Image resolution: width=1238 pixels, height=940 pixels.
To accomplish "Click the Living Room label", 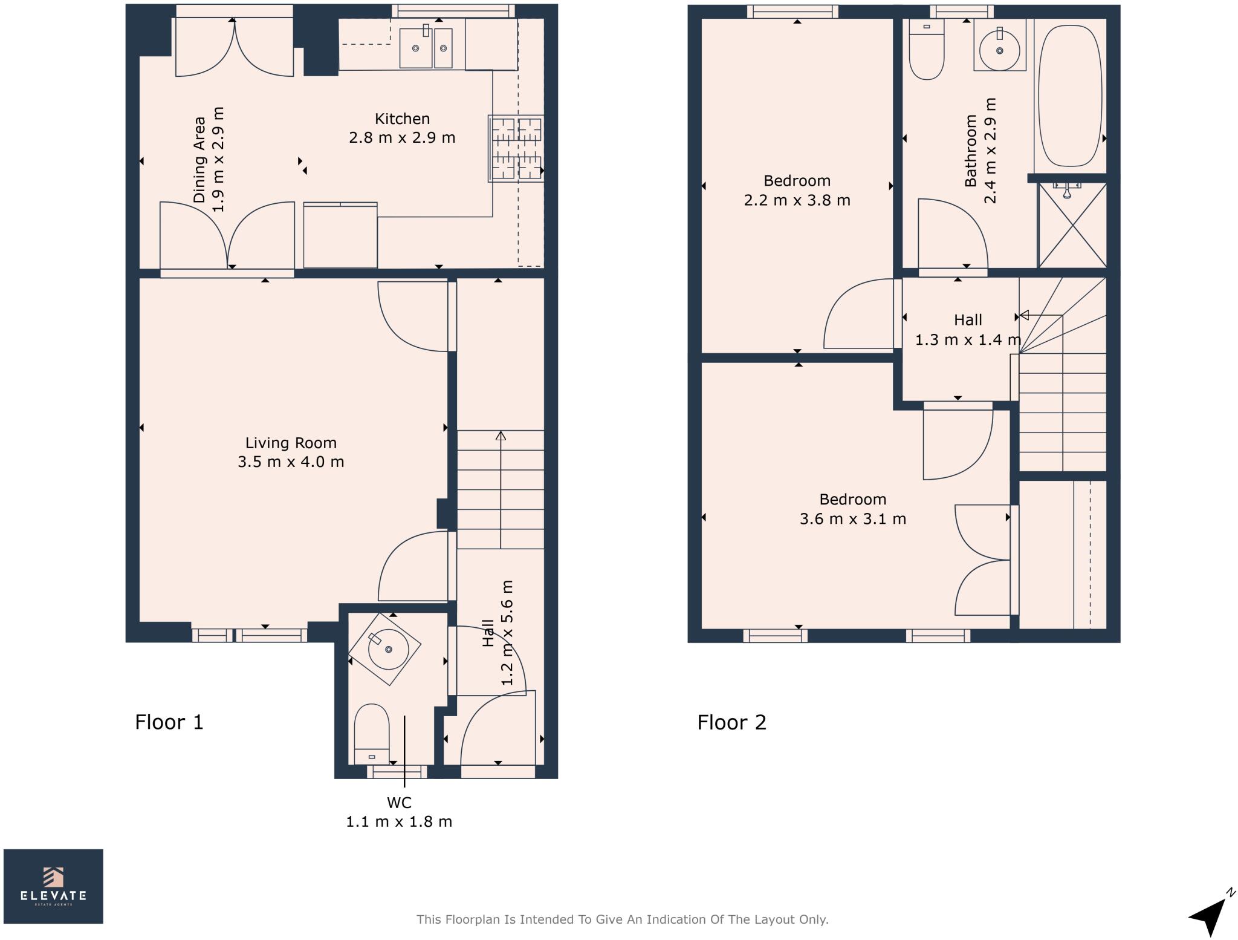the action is pyautogui.click(x=291, y=443).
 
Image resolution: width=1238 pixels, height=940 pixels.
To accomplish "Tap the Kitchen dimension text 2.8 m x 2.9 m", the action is pyautogui.click(x=402, y=138).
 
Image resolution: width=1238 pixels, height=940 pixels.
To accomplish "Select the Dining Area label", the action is pyautogui.click(x=199, y=159).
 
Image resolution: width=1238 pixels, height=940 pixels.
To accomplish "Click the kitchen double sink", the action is pyautogui.click(x=426, y=47).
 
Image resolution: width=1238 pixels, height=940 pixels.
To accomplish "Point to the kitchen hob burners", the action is pyautogui.click(x=516, y=148).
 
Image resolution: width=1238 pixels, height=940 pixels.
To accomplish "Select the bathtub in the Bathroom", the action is pyautogui.click(x=1070, y=96).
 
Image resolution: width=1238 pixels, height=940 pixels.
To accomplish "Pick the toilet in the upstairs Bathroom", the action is pyautogui.click(x=926, y=50).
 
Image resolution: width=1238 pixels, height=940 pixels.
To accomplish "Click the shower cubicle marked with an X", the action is pyautogui.click(x=1072, y=224).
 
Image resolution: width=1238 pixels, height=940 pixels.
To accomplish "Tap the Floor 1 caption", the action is pyautogui.click(x=169, y=722).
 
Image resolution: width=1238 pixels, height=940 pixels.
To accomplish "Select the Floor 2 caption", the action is pyautogui.click(x=732, y=722).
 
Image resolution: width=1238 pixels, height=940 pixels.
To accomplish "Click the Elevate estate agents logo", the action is pyautogui.click(x=53, y=886).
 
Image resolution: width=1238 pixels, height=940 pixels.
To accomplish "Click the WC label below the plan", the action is pyautogui.click(x=399, y=803).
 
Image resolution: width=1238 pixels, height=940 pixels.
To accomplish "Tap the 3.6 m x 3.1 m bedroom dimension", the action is pyautogui.click(x=853, y=519).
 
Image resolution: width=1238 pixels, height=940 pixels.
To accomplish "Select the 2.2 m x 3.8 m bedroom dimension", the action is pyautogui.click(x=797, y=200).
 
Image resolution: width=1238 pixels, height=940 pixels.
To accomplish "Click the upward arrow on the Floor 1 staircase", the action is pyautogui.click(x=501, y=490).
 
